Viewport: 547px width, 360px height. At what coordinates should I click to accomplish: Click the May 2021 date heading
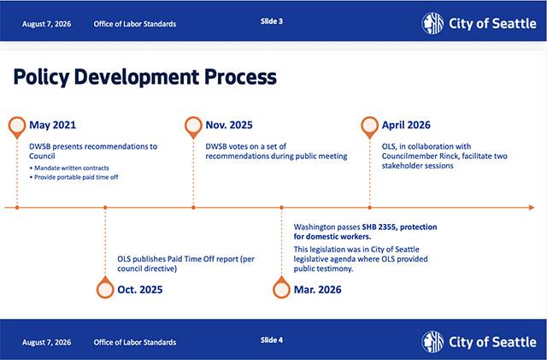(52, 125)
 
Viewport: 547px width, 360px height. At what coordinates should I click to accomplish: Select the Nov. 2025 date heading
(229, 125)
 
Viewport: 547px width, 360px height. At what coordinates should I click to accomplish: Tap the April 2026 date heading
(406, 125)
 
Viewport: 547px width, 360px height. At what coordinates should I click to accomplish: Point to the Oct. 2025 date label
(140, 290)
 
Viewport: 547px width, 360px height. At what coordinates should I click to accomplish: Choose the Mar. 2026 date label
(317, 290)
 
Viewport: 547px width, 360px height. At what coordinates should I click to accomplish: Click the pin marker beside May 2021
(17, 127)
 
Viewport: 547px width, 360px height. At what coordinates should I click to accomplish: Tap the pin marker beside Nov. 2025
(193, 127)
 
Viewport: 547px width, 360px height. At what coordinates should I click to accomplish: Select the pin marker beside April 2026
(370, 127)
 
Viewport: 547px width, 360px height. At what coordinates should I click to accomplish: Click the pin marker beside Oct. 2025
(105, 287)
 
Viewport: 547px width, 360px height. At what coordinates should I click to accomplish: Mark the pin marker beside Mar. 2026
(281, 287)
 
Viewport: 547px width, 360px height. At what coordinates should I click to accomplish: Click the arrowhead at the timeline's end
(532, 208)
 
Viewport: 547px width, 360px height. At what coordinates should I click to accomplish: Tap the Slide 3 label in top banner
(272, 21)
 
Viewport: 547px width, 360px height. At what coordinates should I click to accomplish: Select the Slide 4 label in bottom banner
(272, 340)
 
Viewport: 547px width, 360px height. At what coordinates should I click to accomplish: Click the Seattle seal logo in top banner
(432, 23)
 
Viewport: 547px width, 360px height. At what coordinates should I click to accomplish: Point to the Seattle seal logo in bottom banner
(432, 342)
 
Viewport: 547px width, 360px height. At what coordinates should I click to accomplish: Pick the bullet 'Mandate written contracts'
(69, 168)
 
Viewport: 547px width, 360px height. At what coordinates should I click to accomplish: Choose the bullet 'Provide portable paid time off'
(74, 177)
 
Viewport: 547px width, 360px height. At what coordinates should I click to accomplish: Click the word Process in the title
(240, 76)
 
